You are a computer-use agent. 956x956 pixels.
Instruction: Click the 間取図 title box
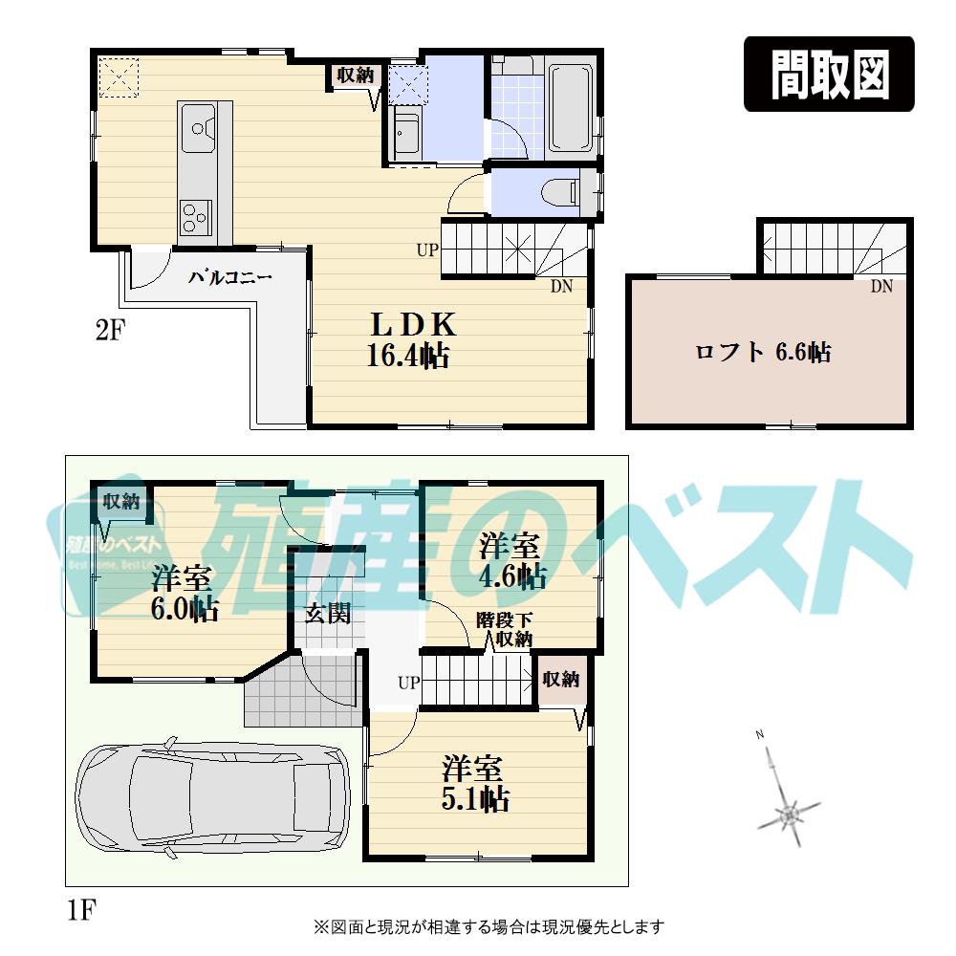click(829, 75)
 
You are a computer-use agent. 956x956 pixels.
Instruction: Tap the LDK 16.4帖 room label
click(408, 339)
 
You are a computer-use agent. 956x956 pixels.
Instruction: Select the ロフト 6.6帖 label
click(762, 353)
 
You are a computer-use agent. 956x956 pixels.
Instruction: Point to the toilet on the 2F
click(559, 192)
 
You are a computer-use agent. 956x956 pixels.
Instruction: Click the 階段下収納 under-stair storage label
click(504, 630)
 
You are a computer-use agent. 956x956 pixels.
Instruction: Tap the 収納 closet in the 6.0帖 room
click(121, 502)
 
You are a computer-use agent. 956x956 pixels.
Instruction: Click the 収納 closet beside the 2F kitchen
click(355, 76)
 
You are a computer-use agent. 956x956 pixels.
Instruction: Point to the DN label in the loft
click(880, 286)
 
